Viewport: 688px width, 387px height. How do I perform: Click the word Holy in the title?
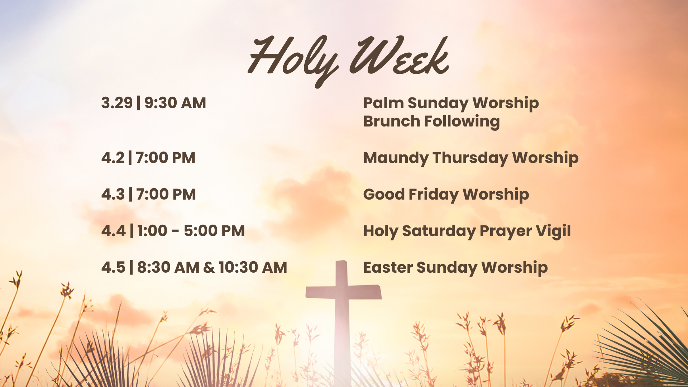(x=292, y=59)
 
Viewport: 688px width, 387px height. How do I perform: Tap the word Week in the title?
(x=398, y=57)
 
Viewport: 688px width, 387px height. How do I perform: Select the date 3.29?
(x=117, y=103)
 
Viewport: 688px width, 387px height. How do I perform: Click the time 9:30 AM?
(x=175, y=103)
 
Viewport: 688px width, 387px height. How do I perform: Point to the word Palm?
(x=383, y=103)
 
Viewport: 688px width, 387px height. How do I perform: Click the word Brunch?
(x=391, y=121)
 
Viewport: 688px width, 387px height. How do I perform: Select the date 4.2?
(x=113, y=158)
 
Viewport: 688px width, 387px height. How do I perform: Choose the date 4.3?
(x=113, y=195)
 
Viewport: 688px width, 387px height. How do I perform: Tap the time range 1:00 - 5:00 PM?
(x=191, y=231)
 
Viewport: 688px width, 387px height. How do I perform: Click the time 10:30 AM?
(x=253, y=268)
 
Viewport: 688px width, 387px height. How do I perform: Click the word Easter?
(x=388, y=268)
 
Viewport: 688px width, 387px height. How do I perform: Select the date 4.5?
(x=113, y=268)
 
